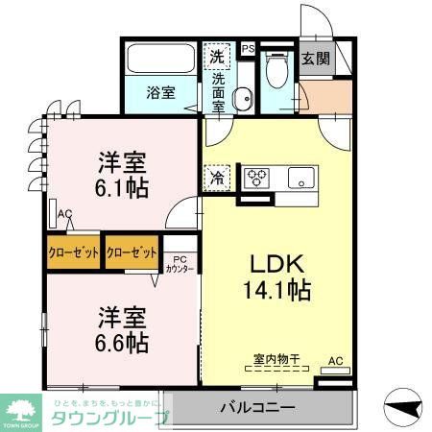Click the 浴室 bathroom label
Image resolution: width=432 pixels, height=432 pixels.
tap(160, 93)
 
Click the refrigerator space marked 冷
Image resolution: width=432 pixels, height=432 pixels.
tap(217, 178)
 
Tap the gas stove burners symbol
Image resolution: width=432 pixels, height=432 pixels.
tap(256, 178)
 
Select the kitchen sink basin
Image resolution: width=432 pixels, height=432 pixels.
tap(303, 178)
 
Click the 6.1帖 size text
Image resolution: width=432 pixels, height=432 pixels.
tap(120, 186)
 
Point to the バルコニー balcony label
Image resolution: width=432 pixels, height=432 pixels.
tap(254, 407)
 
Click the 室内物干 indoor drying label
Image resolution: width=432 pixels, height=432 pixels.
tap(276, 359)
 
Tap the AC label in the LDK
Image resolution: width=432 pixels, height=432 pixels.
tap(336, 361)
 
